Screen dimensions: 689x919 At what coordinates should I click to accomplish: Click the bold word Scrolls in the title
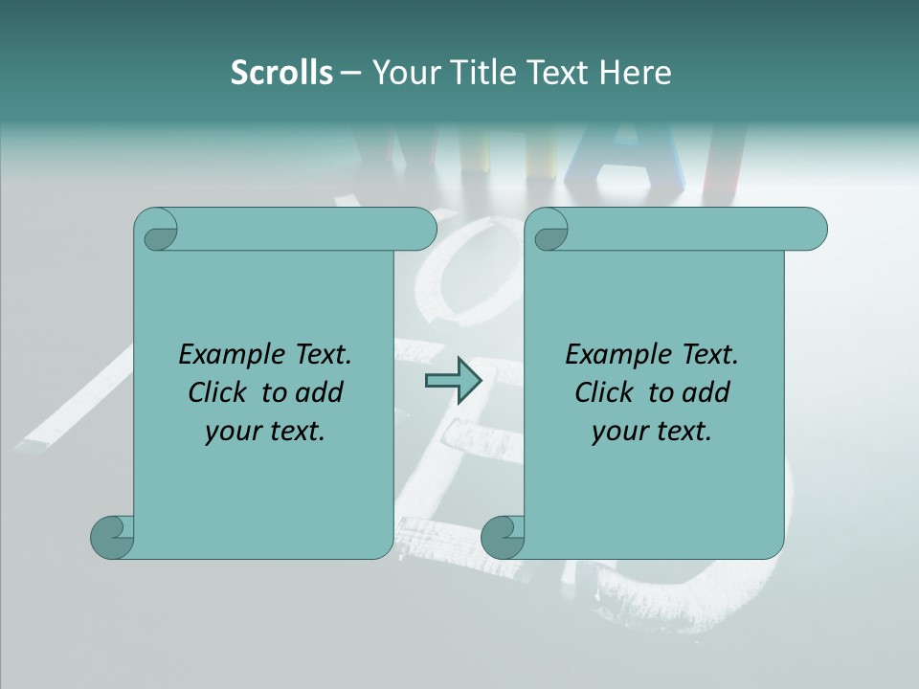[x=281, y=73]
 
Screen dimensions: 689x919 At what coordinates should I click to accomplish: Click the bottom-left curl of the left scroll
[x=112, y=538]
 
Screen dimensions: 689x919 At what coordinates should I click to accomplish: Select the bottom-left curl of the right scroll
[x=503, y=538]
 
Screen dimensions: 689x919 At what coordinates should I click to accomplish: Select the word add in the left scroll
[x=320, y=392]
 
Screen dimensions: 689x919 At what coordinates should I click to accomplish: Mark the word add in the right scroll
[x=706, y=392]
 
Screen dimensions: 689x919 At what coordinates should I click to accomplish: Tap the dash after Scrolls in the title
[x=351, y=73]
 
